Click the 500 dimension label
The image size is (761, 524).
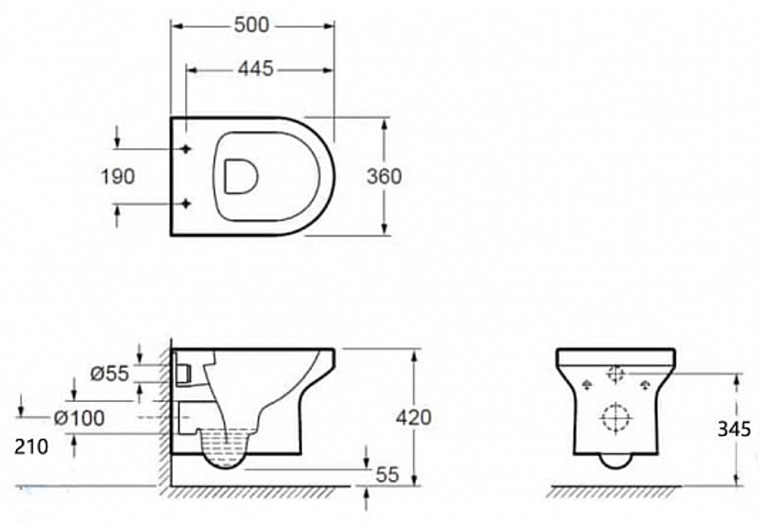(x=251, y=25)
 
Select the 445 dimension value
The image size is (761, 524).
(x=256, y=69)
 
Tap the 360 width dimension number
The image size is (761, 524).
(x=384, y=176)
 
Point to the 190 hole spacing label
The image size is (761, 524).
(x=117, y=176)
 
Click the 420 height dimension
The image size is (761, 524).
(x=413, y=417)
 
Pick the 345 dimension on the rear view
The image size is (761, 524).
(x=734, y=429)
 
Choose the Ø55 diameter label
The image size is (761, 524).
(x=110, y=373)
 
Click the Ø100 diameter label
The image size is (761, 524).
(x=79, y=417)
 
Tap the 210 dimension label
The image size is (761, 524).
(x=31, y=447)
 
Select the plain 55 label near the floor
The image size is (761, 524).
(x=387, y=474)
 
